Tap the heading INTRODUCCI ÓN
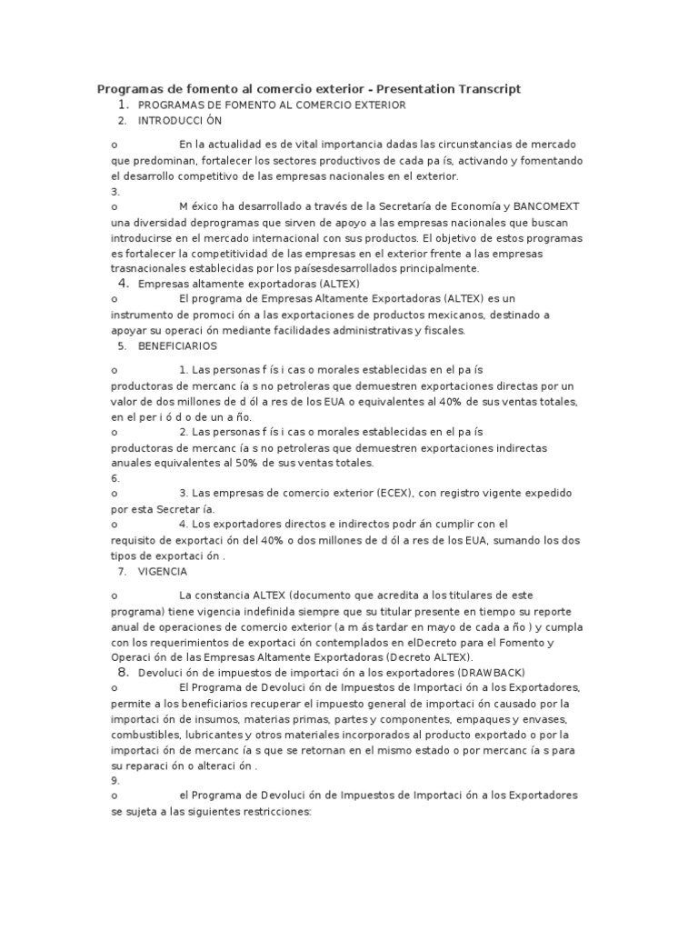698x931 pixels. tap(180, 120)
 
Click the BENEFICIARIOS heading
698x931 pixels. tap(177, 346)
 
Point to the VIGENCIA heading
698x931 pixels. tap(163, 572)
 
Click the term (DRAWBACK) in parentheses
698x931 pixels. tap(474, 672)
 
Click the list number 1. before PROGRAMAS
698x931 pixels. tap(123, 105)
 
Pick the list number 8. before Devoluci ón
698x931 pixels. tap(123, 672)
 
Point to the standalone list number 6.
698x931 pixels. tap(115, 478)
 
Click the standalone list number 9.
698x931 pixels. tap(115, 780)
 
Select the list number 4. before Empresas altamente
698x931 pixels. tap(123, 284)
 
